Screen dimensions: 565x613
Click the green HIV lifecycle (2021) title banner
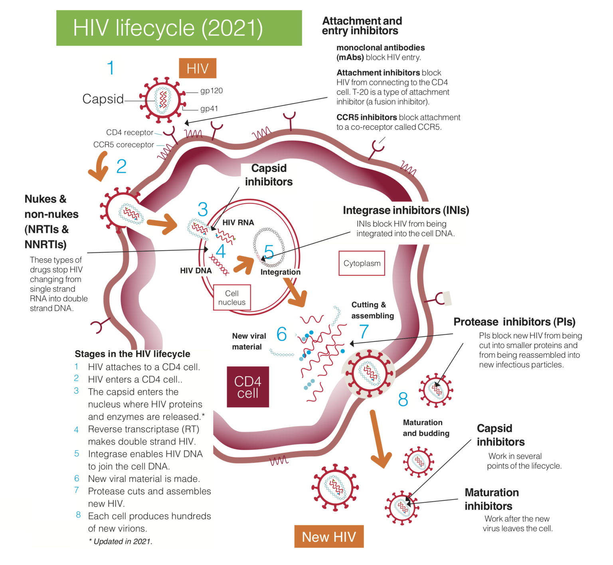coord(179,28)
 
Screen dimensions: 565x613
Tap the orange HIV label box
coord(198,68)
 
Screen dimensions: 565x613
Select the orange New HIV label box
coord(329,537)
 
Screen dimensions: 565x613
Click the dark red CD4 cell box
coord(248,387)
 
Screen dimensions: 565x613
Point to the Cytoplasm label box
coord(362,263)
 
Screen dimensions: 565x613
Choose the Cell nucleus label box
coord(232,298)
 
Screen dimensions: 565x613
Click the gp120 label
coord(211,91)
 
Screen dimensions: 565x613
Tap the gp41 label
coord(209,109)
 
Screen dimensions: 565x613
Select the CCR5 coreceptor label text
coord(123,144)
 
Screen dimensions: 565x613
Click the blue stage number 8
coord(403,399)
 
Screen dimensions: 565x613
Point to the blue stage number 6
coord(281,334)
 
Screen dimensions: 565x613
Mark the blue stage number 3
coord(203,209)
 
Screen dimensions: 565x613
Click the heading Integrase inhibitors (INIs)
coord(406,210)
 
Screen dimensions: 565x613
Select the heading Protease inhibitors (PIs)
coord(514,322)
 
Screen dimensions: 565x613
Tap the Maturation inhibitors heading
coord(491,499)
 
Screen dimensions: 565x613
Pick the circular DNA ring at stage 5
coord(269,247)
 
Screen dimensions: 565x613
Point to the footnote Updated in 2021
coord(121,541)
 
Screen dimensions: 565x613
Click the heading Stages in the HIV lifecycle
coord(132,354)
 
